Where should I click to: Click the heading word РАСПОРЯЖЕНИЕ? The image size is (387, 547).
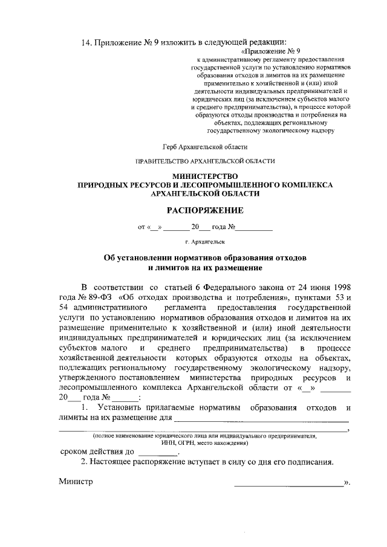pyautogui.click(x=205, y=211)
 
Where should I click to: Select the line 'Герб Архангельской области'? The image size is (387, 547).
pyautogui.click(x=205, y=146)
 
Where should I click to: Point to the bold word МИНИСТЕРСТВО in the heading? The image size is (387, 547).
pyautogui.click(x=205, y=176)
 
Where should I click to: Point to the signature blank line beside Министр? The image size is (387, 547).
pyautogui.click(x=288, y=484)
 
